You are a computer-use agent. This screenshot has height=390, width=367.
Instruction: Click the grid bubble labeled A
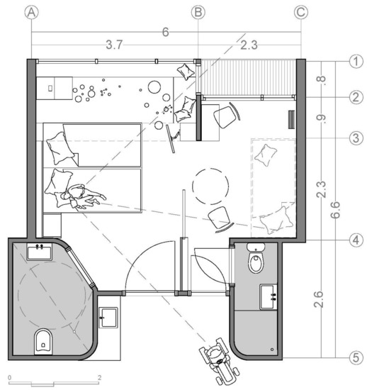coord(32,13)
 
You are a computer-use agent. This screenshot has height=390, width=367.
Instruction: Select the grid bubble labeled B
coord(198,13)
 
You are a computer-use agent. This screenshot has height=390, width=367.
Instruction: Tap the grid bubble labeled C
coord(301,13)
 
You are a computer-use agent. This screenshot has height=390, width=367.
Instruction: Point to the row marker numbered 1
coord(356,61)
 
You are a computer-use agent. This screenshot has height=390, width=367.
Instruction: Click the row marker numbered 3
coord(356,138)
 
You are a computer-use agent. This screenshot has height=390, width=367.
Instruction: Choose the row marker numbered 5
coord(356,358)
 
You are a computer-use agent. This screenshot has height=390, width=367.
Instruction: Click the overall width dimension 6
coord(166,32)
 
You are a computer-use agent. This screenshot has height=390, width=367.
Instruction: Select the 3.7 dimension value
coord(114,45)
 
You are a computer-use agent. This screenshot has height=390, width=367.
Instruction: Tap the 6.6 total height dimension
coord(335,210)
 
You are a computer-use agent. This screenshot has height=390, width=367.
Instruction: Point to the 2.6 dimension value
coord(318,299)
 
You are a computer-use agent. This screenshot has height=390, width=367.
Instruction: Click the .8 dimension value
coord(321,79)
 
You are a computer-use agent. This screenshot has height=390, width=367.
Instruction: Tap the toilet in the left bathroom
coord(43,342)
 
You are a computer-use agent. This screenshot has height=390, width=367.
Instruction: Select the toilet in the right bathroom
coord(256,259)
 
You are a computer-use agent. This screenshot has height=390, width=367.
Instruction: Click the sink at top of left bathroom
coord(40,252)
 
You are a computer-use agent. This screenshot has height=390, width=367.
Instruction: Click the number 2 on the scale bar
coord(100,377)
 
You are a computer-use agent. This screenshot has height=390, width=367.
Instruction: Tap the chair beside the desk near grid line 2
coord(227,115)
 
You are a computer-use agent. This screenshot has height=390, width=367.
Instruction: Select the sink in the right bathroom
coord(269,296)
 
